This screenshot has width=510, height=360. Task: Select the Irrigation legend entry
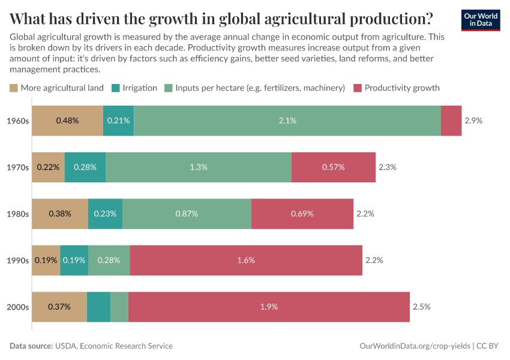tap(139, 88)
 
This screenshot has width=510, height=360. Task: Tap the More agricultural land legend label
tap(62, 88)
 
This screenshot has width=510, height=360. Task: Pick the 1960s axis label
tap(17, 121)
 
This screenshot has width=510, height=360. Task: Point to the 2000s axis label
tap(17, 307)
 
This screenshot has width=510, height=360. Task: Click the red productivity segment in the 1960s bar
tap(451, 121)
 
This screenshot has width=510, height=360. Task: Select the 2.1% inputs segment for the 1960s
tap(287, 121)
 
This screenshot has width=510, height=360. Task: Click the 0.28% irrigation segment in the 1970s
tap(85, 167)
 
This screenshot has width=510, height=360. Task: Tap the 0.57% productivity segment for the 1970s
tap(333, 167)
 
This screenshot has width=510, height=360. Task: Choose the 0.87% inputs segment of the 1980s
tap(187, 214)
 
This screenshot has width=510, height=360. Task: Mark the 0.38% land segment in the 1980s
tap(60, 214)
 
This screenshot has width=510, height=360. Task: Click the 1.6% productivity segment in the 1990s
tap(246, 260)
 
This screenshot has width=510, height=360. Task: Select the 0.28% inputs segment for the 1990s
tap(109, 260)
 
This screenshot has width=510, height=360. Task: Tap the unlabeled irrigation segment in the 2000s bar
tap(99, 307)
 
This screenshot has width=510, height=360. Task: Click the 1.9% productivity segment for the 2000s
tap(269, 307)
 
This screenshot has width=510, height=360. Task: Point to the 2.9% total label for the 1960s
tap(473, 121)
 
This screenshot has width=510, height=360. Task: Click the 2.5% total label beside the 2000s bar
tap(421, 307)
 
